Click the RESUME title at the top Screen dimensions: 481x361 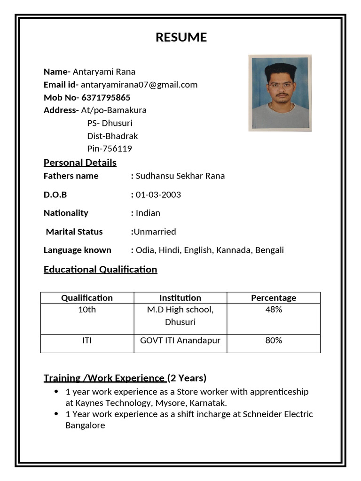181,38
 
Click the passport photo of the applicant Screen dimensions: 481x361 280,93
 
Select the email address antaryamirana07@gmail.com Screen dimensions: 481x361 139,85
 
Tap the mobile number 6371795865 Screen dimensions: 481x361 106,98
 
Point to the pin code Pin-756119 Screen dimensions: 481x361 110,149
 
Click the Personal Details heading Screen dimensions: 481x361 80,163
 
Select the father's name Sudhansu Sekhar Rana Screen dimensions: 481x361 180,176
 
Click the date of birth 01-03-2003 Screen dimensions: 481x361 158,194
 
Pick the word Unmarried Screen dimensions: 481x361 155,232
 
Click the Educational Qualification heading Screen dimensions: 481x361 100,269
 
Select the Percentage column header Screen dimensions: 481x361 274,298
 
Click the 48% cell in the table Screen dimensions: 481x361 274,310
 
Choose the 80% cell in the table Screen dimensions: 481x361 274,341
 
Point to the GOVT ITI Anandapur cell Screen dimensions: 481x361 180,341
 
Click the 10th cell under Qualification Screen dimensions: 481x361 87,310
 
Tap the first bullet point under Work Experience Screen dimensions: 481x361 56,391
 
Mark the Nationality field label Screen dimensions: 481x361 66,213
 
